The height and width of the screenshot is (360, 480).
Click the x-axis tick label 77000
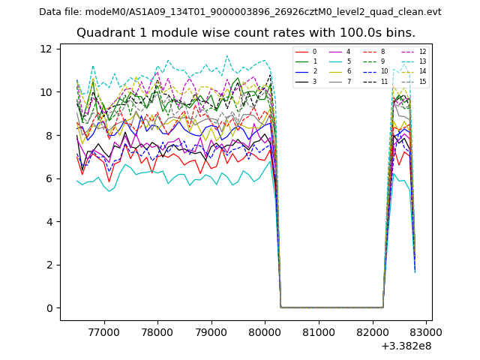click(x=103, y=331)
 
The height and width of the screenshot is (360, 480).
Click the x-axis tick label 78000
click(x=157, y=331)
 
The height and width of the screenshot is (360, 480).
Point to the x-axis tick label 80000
click(x=265, y=331)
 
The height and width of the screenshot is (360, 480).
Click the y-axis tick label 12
click(x=46, y=49)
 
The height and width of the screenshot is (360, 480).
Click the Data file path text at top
click(x=240, y=12)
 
